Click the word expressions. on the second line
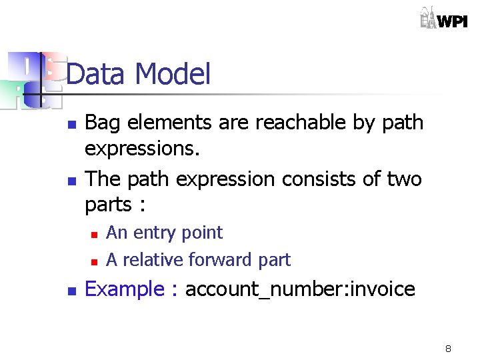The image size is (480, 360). (x=142, y=148)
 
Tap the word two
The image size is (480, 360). (x=403, y=179)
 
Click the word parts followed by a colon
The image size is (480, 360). (x=107, y=205)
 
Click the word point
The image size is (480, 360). (x=204, y=233)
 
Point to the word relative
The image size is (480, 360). (x=153, y=259)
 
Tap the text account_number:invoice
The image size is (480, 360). (x=300, y=289)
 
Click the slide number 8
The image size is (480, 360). (x=448, y=349)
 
